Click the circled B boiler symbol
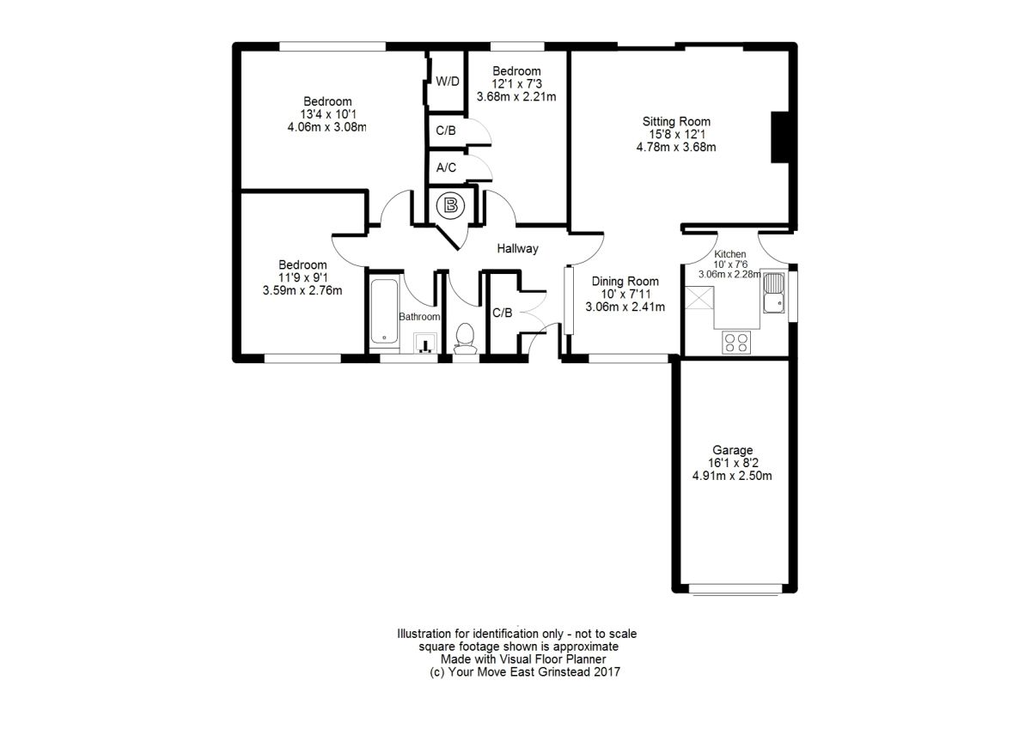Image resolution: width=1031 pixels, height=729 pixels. [x=449, y=205]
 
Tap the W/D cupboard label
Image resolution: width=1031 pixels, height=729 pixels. [x=448, y=82]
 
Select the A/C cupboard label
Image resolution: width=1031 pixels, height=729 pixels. [x=446, y=168]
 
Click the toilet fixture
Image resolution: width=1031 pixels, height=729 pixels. [x=465, y=337]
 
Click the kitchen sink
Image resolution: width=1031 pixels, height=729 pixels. [x=774, y=293]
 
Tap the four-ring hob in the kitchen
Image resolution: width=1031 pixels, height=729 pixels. [x=736, y=342]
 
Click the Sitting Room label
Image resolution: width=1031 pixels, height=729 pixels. [x=676, y=121]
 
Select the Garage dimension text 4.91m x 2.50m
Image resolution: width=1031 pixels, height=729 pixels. [x=733, y=476]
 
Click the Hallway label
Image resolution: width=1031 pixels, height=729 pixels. [x=517, y=249]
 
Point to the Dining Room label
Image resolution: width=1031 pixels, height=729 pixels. [x=625, y=281]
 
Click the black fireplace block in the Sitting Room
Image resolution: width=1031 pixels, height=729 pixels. [x=780, y=137]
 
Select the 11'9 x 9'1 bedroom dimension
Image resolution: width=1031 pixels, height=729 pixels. [x=302, y=277]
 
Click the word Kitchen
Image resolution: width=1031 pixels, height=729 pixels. [x=729, y=254]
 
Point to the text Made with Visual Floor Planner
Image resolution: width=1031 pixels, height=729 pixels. [x=516, y=659]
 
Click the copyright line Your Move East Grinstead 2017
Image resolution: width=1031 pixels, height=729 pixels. [x=524, y=672]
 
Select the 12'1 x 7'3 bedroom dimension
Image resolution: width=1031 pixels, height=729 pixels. [x=516, y=83]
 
